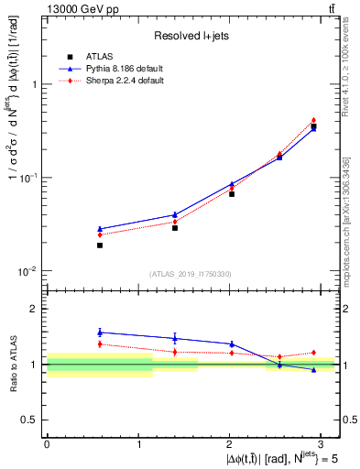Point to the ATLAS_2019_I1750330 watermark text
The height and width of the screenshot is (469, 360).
pos(191,274)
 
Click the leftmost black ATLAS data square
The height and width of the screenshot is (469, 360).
pos(100,245)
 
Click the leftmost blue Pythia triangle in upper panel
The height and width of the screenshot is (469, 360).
pos(100,229)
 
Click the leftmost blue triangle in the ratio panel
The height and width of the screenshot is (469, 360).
pos(100,333)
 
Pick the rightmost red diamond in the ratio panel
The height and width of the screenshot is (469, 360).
pos(313,353)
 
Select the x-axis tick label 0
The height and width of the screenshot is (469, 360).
pos(47,442)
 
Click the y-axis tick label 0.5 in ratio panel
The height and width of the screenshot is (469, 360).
pos(31,420)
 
